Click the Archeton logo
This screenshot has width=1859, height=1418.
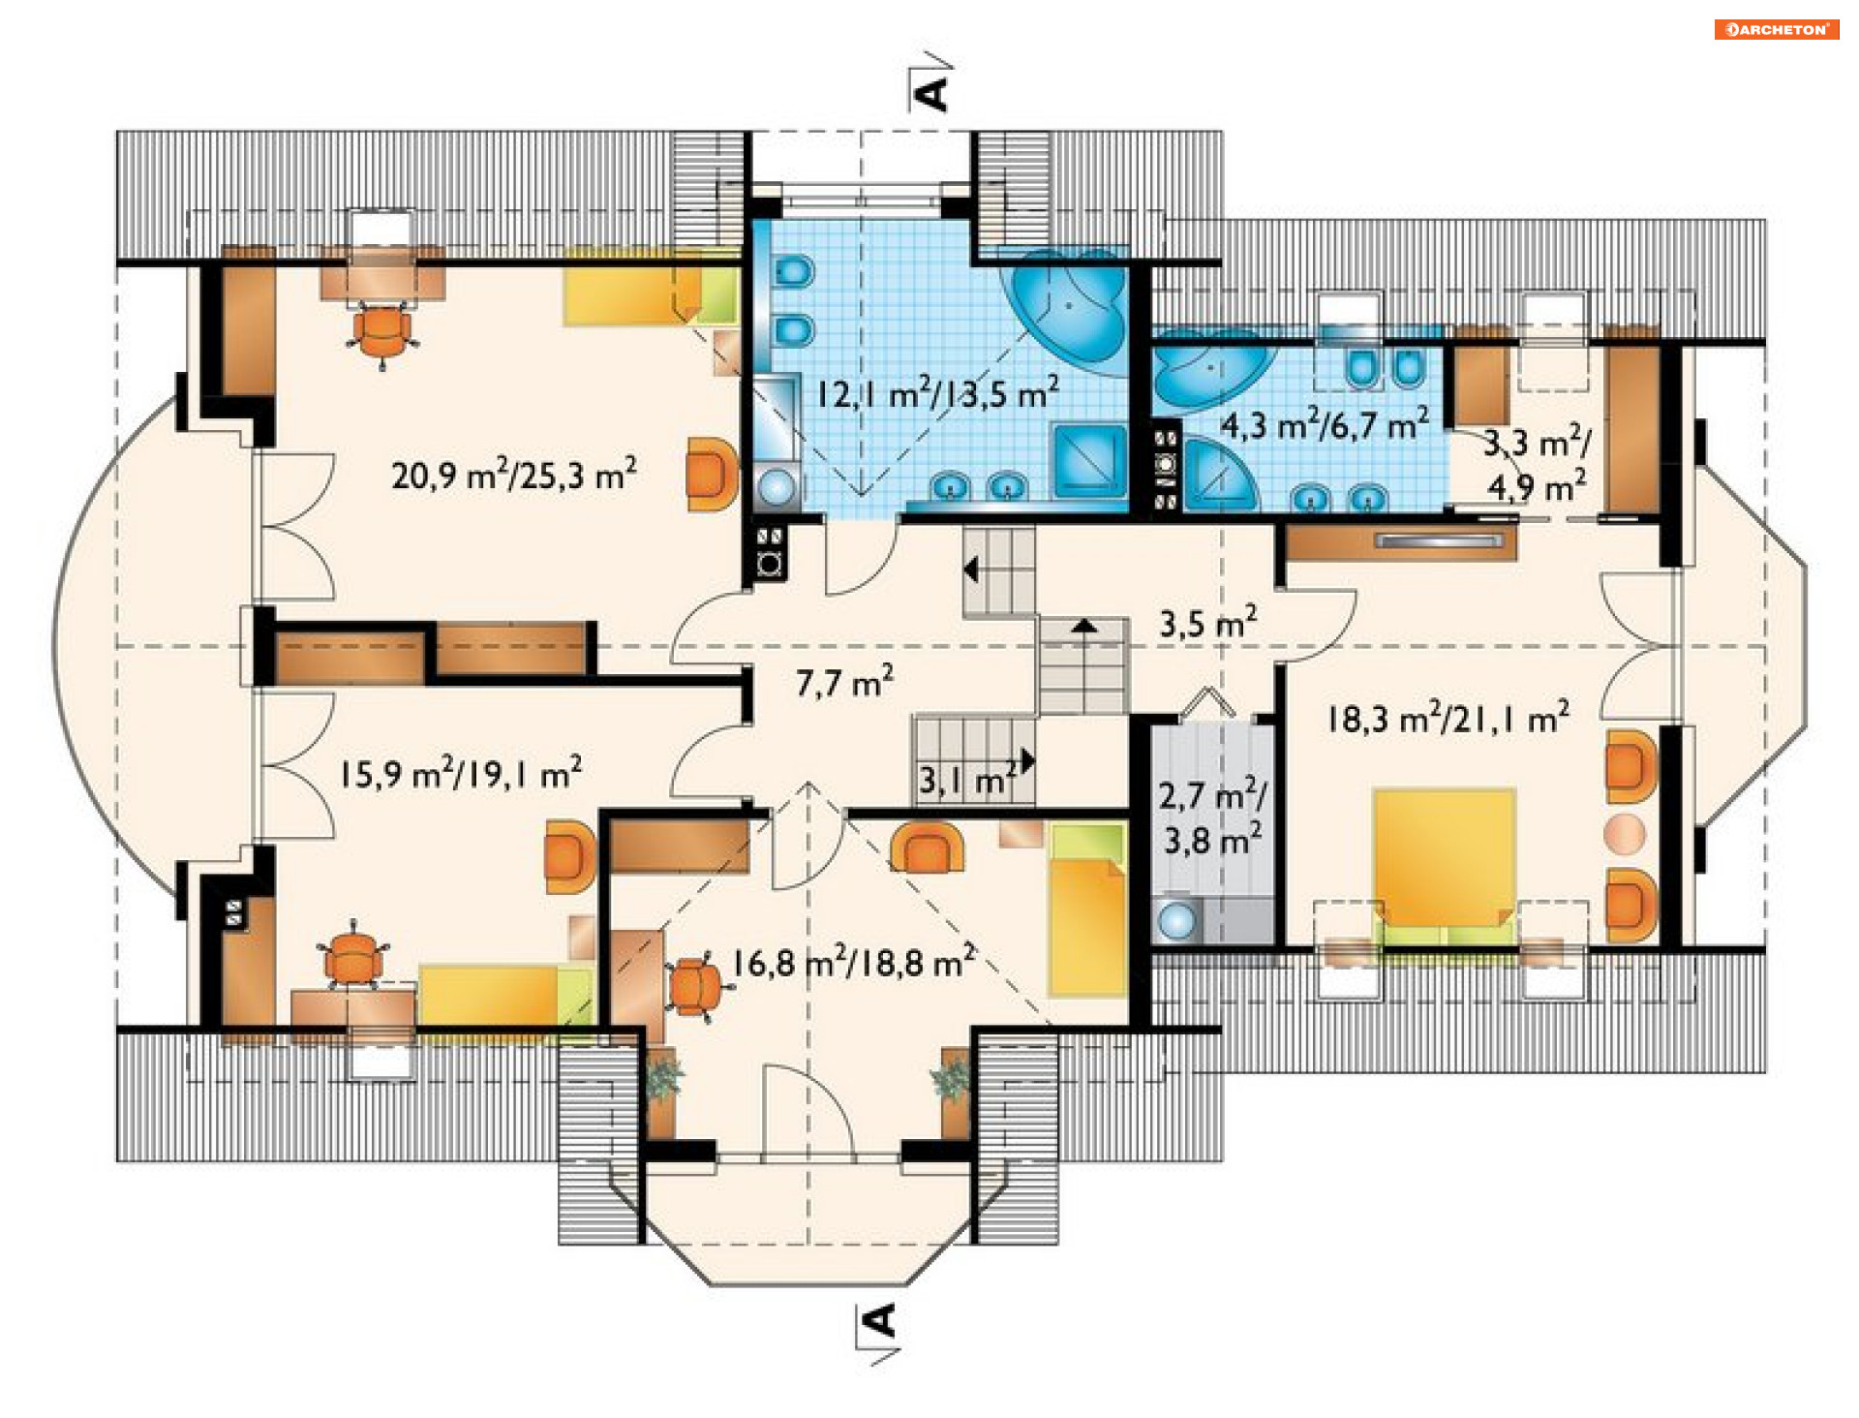(x=1776, y=29)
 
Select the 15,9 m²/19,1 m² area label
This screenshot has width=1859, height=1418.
(x=461, y=773)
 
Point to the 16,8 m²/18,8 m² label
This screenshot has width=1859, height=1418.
(x=853, y=961)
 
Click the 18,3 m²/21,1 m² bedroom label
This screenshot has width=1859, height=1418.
(x=1448, y=718)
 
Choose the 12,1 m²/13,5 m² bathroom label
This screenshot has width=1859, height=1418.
(x=937, y=392)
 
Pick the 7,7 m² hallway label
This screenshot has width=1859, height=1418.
(x=844, y=683)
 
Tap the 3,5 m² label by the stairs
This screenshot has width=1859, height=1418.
(x=1208, y=622)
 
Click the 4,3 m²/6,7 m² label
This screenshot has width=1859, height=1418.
(x=1324, y=424)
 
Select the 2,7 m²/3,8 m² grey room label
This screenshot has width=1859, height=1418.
(x=1212, y=817)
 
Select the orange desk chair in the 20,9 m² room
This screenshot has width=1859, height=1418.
(x=382, y=332)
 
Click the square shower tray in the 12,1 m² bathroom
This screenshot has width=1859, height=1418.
(x=1090, y=460)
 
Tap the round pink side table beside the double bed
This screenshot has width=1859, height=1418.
(x=1624, y=834)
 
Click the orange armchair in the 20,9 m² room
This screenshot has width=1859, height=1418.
(x=712, y=474)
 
